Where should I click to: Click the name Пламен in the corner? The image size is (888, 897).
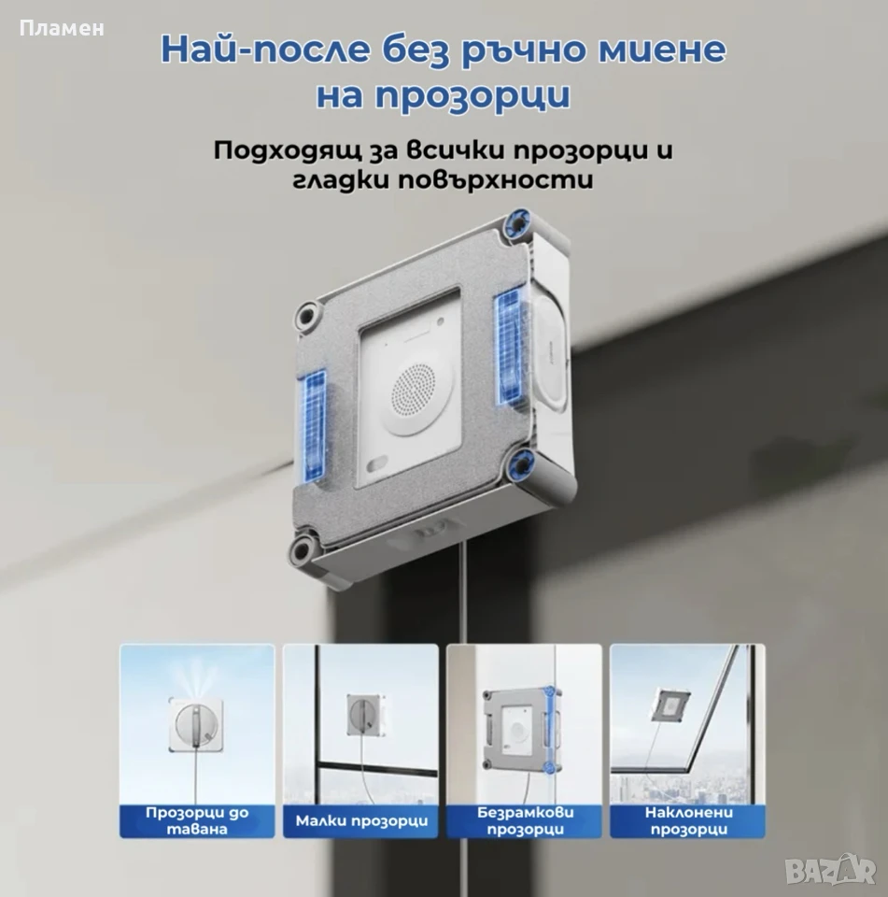coord(62,28)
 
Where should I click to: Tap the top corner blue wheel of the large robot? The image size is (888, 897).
coord(517,223)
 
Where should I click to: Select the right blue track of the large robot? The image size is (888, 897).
coord(510,346)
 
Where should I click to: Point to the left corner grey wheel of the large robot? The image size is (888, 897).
coord(309,315)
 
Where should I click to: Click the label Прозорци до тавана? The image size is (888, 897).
coord(197,821)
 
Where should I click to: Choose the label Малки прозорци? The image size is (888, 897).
coord(361,821)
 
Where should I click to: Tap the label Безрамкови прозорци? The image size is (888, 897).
coord(525,821)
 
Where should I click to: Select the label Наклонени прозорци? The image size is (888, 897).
coord(688,821)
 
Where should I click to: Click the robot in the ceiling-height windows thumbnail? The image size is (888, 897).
coord(196,723)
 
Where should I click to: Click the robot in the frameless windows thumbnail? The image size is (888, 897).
coord(520,731)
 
